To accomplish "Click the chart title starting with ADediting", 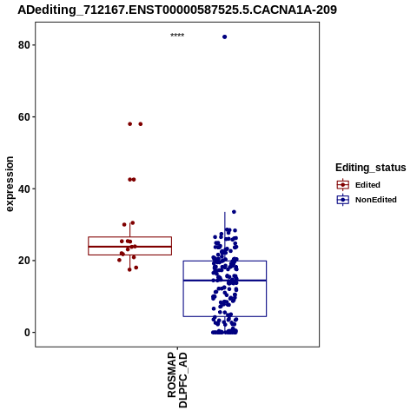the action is [177, 10].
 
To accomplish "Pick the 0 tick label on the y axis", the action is [27, 333].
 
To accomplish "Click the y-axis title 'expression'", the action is [10, 184].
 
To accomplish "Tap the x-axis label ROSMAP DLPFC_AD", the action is [177, 380].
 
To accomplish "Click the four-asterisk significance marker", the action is [177, 36].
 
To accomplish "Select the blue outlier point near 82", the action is [224, 36].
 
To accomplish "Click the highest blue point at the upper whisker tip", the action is [234, 212].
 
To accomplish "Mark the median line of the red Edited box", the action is [129, 247].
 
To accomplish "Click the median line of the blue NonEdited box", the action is [225, 281].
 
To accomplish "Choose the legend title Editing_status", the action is [371, 168].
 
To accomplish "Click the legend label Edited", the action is [367, 185].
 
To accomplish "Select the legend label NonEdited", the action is [376, 200].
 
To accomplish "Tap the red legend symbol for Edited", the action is [343, 185].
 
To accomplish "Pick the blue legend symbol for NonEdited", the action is [343, 200].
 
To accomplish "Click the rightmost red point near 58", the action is [141, 124].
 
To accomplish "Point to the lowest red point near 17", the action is [129, 269].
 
